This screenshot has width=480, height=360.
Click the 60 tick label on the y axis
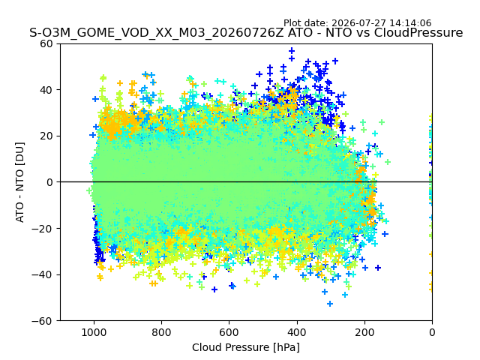(x=47, y=43)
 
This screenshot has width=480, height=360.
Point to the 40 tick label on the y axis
(x=47, y=90)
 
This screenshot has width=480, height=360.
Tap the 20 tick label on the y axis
(x=47, y=136)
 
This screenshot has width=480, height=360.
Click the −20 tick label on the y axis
(x=43, y=229)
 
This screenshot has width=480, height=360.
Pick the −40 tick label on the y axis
(x=43, y=275)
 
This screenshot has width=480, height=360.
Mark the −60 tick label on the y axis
(x=43, y=321)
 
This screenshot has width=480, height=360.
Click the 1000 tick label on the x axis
(x=94, y=332)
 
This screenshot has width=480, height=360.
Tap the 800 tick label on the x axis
(x=162, y=332)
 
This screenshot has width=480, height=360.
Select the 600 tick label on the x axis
(x=229, y=332)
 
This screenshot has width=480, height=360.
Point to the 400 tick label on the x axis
(x=297, y=332)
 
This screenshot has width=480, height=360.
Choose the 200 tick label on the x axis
(x=364, y=332)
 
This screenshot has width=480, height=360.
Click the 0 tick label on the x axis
(x=432, y=332)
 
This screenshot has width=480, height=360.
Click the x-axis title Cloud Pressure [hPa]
(x=246, y=348)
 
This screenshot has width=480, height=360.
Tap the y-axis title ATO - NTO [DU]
(x=20, y=182)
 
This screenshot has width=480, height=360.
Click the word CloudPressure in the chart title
(x=418, y=32)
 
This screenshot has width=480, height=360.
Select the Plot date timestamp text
(x=357, y=23)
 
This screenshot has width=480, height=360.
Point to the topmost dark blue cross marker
(x=292, y=50)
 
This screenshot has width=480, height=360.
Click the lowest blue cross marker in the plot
(x=330, y=304)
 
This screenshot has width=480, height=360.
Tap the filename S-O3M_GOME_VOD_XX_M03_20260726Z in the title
(x=157, y=32)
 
